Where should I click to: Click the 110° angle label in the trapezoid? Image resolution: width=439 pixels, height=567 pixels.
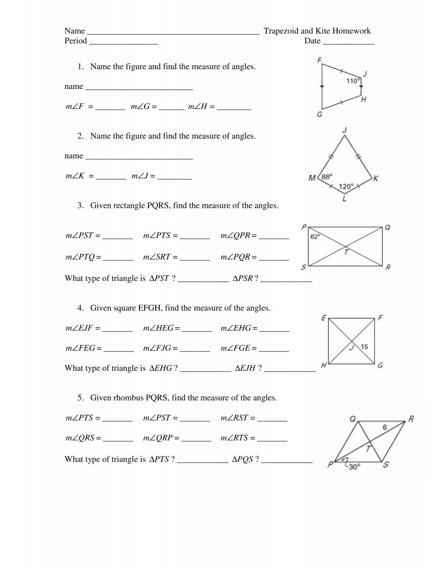[x=353, y=81]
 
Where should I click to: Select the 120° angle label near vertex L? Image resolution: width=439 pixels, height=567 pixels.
[x=346, y=187]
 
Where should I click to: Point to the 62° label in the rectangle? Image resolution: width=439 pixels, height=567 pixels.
[x=315, y=237]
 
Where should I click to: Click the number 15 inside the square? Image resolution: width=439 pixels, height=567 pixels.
[x=364, y=347]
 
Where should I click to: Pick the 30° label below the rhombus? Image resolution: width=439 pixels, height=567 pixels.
[x=354, y=467]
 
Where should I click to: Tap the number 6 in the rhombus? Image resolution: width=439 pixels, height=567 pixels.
[x=384, y=427]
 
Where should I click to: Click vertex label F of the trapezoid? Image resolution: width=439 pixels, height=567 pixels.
[x=319, y=60]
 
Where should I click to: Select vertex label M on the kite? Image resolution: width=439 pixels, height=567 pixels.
[x=312, y=178]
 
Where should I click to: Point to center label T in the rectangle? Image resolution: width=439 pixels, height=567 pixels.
[x=346, y=252]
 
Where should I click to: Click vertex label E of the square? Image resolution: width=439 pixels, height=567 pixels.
[x=324, y=318]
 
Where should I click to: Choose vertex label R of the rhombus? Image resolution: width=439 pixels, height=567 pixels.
[x=411, y=419]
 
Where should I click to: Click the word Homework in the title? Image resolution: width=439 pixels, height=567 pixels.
[x=352, y=31]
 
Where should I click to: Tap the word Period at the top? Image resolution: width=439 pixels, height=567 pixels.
[x=76, y=41]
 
